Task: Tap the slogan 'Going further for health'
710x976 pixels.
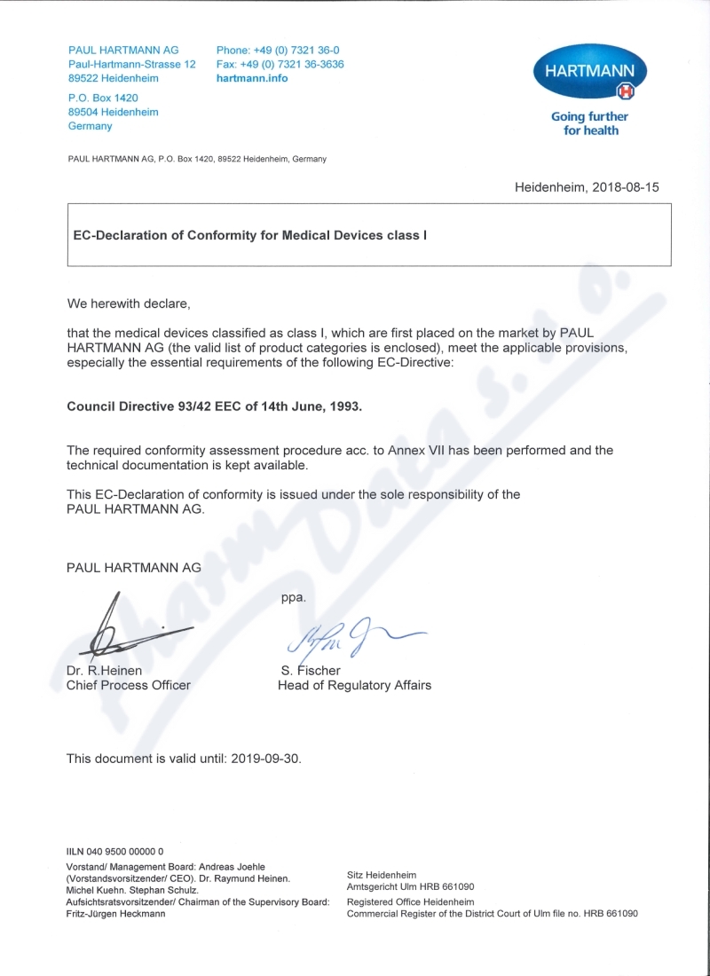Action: [x=589, y=123]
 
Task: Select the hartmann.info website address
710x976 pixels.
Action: [x=252, y=78]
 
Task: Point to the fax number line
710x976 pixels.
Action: [x=280, y=65]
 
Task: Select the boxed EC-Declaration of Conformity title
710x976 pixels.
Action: [x=249, y=235]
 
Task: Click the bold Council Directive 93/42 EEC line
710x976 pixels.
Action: [x=215, y=406]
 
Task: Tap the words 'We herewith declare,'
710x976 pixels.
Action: [x=129, y=303]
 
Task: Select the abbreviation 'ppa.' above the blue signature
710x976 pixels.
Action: [x=294, y=597]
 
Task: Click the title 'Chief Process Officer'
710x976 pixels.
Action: [x=129, y=685]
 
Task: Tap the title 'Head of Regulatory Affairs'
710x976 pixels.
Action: [x=355, y=685]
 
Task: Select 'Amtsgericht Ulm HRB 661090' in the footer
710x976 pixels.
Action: [x=410, y=885]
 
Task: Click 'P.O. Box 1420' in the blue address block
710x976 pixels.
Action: [x=103, y=98]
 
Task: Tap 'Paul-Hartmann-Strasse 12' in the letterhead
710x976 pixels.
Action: [x=132, y=65]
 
